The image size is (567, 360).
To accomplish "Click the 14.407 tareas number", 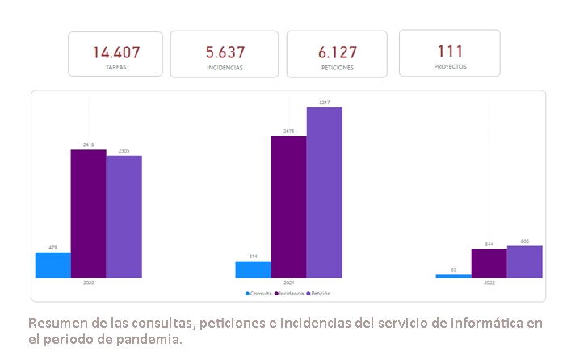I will point(116,52).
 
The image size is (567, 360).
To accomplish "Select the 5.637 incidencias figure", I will point(225,53).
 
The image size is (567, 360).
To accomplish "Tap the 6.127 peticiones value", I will point(338,53).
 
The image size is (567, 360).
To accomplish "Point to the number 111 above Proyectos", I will point(450,51).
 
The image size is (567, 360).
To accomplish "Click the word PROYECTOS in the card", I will point(450,67).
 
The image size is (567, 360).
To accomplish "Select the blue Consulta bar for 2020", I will point(52,265).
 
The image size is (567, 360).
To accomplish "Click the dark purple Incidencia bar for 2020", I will point(88,214).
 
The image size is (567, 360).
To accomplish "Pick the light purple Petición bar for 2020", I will point(124,216).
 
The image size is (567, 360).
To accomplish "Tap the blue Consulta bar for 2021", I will point(253,270).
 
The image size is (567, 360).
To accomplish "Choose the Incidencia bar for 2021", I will point(288,207).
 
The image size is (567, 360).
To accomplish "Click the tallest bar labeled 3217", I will point(324,192).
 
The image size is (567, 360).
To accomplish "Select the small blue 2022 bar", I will point(453,276).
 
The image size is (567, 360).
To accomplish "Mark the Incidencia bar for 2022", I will point(489,263).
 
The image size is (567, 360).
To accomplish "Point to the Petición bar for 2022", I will point(524,262).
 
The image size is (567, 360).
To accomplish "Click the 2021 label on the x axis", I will point(288,283).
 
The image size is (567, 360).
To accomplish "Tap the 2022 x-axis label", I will point(489,283).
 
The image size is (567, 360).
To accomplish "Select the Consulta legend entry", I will point(260,294).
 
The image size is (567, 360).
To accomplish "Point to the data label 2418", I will point(88,145).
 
